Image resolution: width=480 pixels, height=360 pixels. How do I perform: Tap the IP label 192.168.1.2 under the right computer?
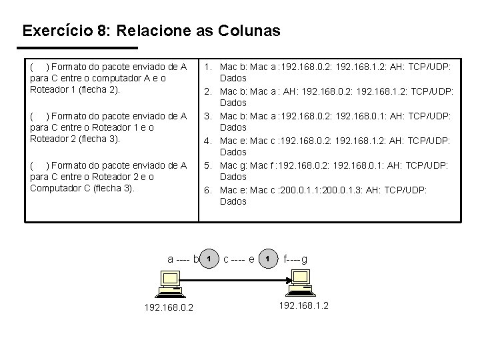coord(303,305)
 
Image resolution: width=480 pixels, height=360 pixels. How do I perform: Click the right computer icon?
coord(301,283)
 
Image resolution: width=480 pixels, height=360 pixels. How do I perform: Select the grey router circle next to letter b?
coord(209,258)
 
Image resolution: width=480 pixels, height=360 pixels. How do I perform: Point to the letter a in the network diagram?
coord(170,259)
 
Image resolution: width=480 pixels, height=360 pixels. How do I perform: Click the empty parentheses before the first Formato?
coord(39,66)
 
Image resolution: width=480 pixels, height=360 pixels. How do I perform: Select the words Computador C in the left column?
coord(59,188)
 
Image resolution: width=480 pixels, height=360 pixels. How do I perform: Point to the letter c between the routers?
coord(227,259)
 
